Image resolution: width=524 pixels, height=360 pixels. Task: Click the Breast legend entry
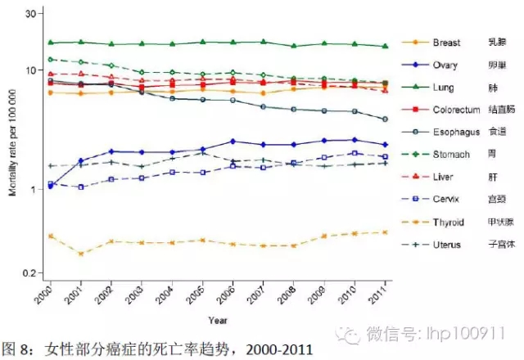pos(446,42)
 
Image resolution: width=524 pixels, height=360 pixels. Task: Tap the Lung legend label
pos(442,86)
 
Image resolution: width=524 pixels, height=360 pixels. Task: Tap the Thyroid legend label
pos(448,221)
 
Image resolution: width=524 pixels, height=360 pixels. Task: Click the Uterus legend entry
pos(447,244)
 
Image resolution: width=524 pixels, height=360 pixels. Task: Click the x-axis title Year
pos(218,319)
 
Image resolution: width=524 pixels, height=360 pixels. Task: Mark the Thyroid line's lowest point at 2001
pos(81,254)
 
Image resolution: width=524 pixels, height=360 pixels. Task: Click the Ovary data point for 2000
pos(51,187)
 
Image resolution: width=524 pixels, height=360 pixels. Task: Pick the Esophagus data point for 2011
pos(386,119)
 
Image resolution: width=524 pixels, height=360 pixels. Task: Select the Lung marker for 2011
pos(386,46)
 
